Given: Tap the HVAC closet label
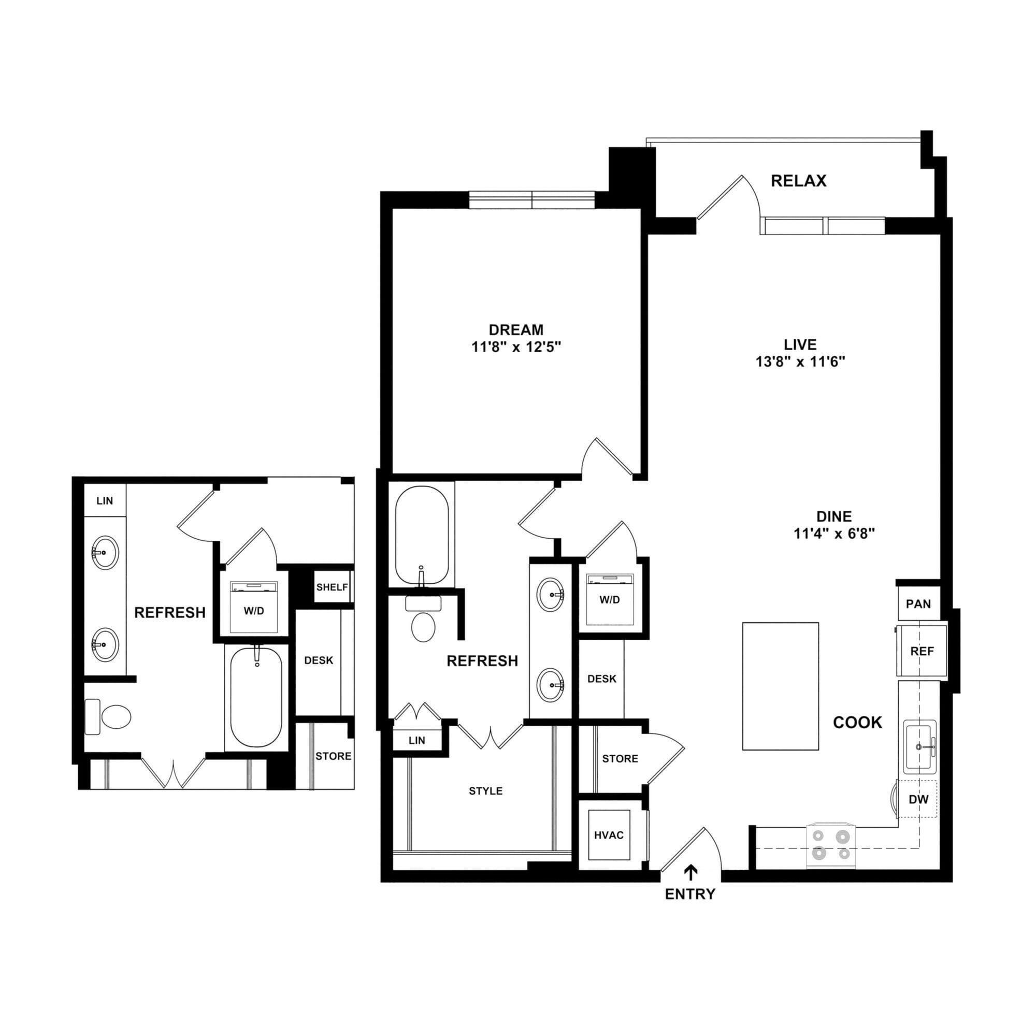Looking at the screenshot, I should (x=609, y=835).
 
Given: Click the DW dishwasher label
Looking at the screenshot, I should (x=918, y=799).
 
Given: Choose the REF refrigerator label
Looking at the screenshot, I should (x=922, y=651).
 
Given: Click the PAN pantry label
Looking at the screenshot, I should (x=918, y=604).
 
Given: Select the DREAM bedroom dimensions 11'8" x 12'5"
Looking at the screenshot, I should (x=516, y=347).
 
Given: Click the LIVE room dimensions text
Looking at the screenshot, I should (x=800, y=362).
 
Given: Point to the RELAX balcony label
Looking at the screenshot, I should (x=798, y=181).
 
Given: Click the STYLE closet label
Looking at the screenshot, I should (x=485, y=790).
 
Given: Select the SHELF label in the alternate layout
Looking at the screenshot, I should (x=332, y=587).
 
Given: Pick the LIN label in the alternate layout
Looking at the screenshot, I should (x=105, y=500).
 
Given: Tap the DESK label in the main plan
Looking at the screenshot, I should (x=601, y=679).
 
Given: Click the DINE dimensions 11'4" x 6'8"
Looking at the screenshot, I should (x=834, y=533).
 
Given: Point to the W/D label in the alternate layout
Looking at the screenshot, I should (x=254, y=611).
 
